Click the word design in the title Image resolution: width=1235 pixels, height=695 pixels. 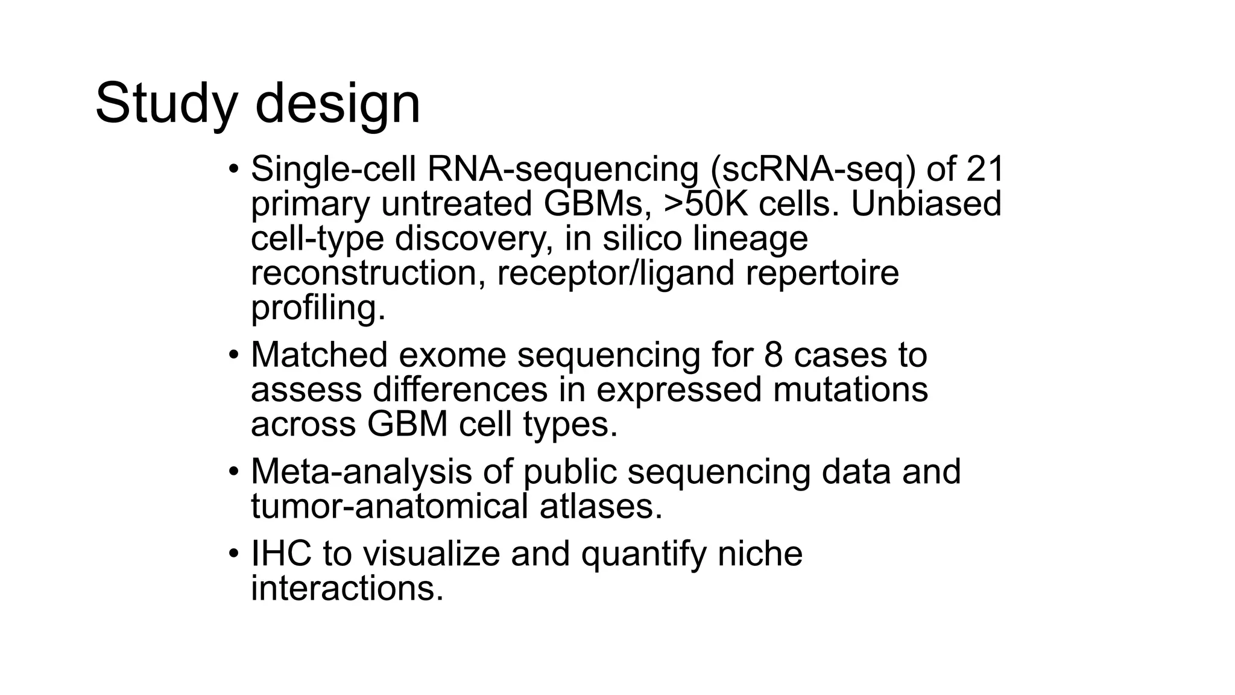point(337,104)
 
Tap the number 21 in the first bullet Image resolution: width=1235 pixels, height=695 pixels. point(984,169)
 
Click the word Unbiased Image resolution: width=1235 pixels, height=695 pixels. point(926,204)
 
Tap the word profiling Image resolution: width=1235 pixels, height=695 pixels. point(318,308)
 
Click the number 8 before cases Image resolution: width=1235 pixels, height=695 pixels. point(774,355)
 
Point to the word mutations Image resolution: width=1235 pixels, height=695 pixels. point(850,390)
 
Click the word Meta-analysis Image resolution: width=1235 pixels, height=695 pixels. point(361,471)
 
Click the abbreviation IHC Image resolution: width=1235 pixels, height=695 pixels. point(281,553)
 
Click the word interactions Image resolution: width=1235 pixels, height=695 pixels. point(347,588)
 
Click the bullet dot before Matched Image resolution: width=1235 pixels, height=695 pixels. point(234,355)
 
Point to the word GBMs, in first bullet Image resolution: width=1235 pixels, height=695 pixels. point(597,204)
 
